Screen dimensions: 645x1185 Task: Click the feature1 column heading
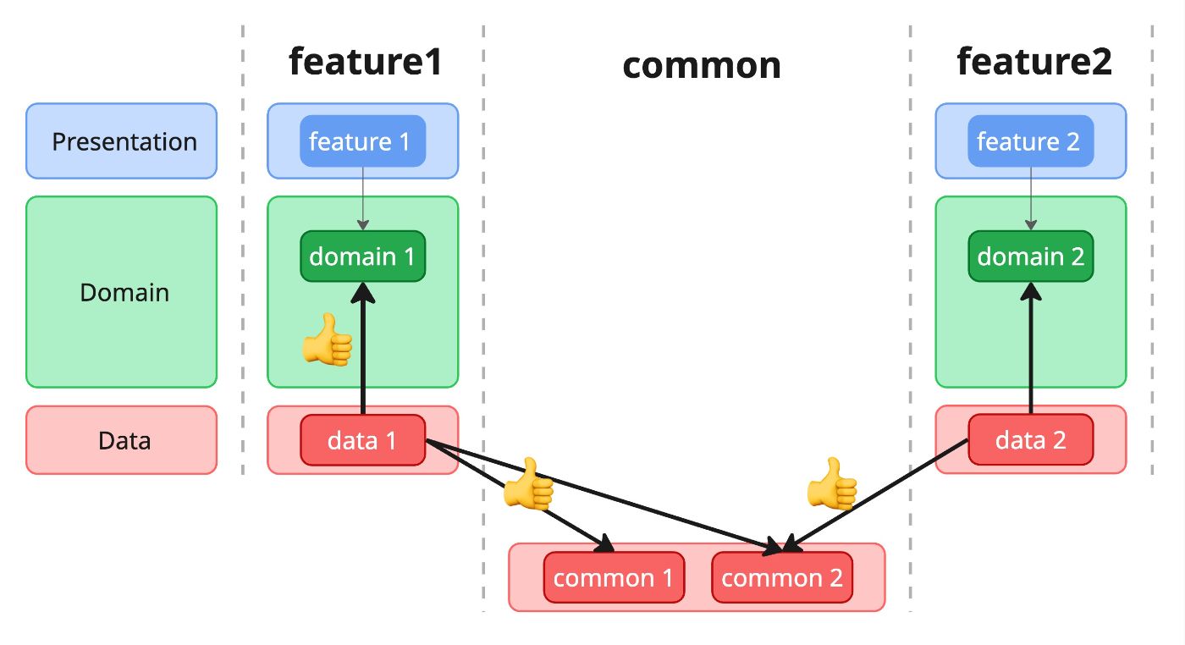[x=365, y=62]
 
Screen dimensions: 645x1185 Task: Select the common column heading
[x=702, y=65]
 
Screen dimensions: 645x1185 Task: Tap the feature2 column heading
[x=1033, y=62]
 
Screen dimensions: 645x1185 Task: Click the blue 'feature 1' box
[x=362, y=141]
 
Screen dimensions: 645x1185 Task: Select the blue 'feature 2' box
[x=1030, y=141]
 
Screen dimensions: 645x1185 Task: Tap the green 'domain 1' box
[x=362, y=256]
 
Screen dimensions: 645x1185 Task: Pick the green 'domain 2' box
[x=1030, y=256]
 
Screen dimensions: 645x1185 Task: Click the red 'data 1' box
[x=362, y=440]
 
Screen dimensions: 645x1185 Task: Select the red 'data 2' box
[x=1030, y=440]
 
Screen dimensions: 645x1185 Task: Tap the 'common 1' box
[x=613, y=578]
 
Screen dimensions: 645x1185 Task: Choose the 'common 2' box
[x=781, y=578]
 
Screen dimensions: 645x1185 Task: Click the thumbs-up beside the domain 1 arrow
[x=328, y=340]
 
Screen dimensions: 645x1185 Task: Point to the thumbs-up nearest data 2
[x=832, y=484]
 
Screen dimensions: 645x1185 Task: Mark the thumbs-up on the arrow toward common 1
[x=528, y=484]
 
